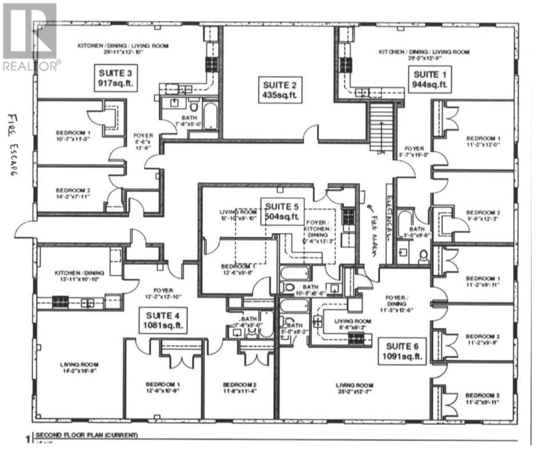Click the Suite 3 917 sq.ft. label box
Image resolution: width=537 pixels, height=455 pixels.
(116, 78)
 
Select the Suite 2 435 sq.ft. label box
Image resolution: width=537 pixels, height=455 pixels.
(280, 89)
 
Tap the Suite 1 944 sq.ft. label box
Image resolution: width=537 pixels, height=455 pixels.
(430, 79)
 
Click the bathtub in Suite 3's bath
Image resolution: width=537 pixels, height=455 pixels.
(210, 116)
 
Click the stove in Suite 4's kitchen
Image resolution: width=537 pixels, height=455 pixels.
(60, 302)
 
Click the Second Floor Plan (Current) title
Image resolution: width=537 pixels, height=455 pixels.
(87, 435)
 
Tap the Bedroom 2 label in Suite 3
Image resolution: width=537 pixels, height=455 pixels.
(73, 193)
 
